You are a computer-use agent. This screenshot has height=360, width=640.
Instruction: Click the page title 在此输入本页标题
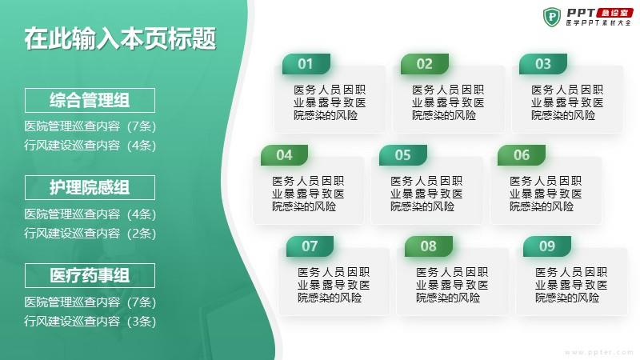pos(120,38)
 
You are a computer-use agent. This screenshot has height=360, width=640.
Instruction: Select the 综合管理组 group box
pos(90,100)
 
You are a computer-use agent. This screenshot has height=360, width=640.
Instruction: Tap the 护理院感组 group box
pos(90,188)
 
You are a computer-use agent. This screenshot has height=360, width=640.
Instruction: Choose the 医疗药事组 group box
pos(90,275)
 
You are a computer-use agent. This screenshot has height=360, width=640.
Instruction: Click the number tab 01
pos(306,64)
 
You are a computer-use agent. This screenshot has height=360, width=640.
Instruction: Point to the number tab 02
pos(425,64)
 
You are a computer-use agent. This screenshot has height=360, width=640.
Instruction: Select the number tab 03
pos(543,64)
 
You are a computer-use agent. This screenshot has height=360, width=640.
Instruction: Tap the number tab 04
pos(285,155)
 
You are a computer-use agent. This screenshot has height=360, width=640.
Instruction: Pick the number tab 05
pos(403,155)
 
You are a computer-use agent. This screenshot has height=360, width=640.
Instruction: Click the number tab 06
pos(522,155)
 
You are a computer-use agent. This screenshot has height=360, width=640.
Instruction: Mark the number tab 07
pos(310,246)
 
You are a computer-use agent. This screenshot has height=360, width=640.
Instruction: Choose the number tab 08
pos(429,246)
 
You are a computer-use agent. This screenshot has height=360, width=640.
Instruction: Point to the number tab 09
pos(547,246)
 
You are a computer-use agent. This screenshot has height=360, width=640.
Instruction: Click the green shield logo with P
pos(552,17)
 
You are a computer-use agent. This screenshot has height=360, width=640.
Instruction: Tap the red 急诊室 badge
pos(614,13)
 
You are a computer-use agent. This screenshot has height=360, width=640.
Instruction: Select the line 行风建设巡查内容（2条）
pos(90,234)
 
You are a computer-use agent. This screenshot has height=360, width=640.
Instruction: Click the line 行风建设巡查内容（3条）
pos(90,322)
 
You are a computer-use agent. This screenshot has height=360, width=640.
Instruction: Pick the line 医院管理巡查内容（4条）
pos(90,214)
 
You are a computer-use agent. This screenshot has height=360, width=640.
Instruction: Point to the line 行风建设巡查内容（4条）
pos(90,146)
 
